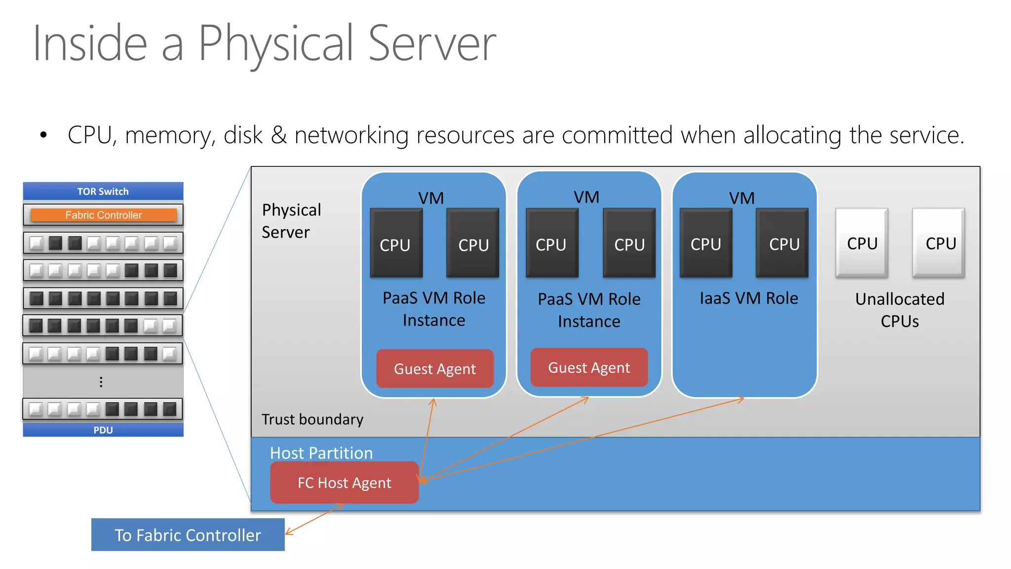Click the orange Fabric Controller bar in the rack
[103, 215]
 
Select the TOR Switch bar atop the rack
[103, 191]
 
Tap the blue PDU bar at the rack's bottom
[103, 430]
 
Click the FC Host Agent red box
[344, 483]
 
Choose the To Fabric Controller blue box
[188, 535]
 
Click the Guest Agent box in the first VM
[434, 368]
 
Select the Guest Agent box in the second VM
[589, 367]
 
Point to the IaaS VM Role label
[748, 298]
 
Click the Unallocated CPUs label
[899, 310]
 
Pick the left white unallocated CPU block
[862, 243]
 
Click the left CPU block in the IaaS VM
[705, 243]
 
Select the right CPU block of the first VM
[472, 244]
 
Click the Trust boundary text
[312, 419]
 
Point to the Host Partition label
[321, 453]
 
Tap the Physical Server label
[291, 221]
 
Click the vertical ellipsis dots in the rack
[101, 382]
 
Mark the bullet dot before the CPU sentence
[43, 135]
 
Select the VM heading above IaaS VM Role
[741, 198]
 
